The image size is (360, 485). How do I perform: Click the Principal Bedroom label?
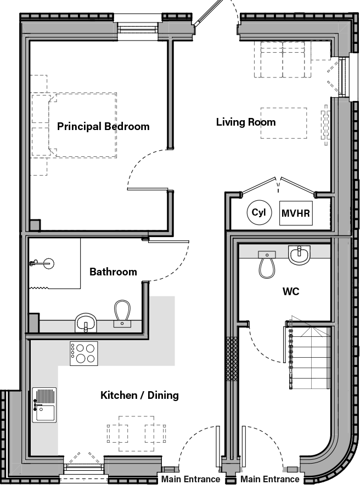pyautogui.click(x=103, y=127)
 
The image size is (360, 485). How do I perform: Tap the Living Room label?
pyautogui.click(x=245, y=122)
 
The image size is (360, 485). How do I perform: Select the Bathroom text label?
pyautogui.click(x=113, y=272)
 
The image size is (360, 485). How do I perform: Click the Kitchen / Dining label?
pyautogui.click(x=139, y=396)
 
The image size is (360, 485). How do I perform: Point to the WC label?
pyautogui.click(x=290, y=291)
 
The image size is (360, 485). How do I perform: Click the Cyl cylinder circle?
pyautogui.click(x=258, y=213)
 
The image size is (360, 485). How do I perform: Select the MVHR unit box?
pyautogui.click(x=296, y=213)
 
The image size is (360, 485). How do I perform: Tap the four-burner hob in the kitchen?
pyautogui.click(x=84, y=353)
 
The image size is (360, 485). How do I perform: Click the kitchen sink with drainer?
pyautogui.click(x=44, y=405)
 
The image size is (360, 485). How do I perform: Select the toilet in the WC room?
pyautogui.click(x=267, y=264)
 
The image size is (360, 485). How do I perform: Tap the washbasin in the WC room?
pyautogui.click(x=300, y=255)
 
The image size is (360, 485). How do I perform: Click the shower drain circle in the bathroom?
pyautogui.click(x=49, y=263)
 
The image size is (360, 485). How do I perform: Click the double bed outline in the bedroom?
pyautogui.click(x=82, y=125)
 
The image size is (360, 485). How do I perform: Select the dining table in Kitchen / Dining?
pyautogui.click(x=137, y=430)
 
